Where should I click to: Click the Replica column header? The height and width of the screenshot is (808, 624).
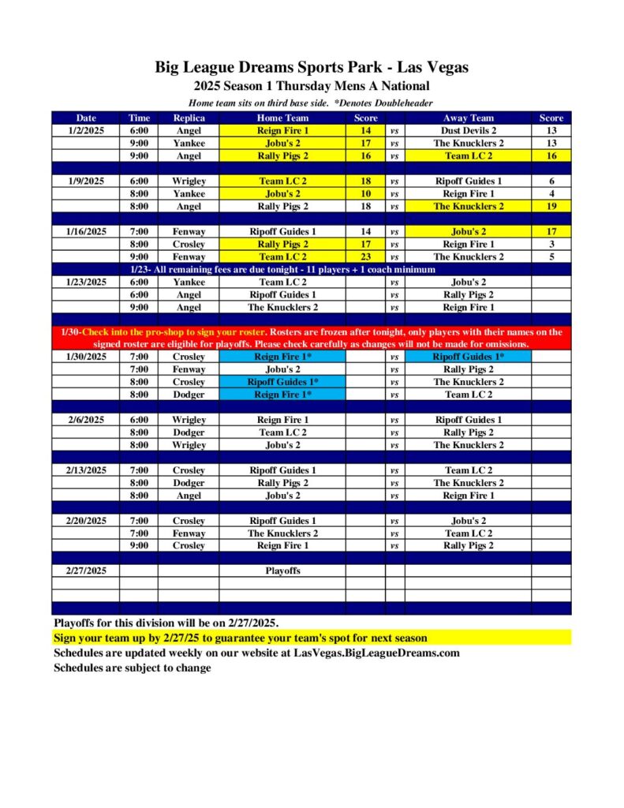click(189, 118)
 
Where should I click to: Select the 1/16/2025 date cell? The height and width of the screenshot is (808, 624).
click(86, 232)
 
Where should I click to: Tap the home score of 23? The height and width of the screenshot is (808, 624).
click(365, 256)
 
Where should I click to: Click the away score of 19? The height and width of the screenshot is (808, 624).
click(551, 207)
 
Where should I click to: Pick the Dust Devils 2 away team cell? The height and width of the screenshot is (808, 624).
click(469, 131)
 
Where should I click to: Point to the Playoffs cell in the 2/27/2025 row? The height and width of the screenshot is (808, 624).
click(282, 570)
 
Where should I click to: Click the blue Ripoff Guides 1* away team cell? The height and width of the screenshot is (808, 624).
click(469, 357)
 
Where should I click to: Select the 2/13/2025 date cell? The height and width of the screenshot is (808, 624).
click(86, 470)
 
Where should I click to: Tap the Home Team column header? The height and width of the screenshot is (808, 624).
click(282, 118)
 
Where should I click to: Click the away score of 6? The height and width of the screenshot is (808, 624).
click(551, 181)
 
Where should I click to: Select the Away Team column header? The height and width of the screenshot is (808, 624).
click(469, 118)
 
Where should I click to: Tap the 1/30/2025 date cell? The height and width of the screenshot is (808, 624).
click(86, 357)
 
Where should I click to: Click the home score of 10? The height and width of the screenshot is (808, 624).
click(365, 194)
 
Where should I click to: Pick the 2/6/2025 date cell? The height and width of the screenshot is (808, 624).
click(86, 420)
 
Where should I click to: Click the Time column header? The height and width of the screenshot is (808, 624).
click(139, 118)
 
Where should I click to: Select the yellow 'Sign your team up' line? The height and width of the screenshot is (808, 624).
click(240, 638)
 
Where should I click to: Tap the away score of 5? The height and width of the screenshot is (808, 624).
click(551, 256)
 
